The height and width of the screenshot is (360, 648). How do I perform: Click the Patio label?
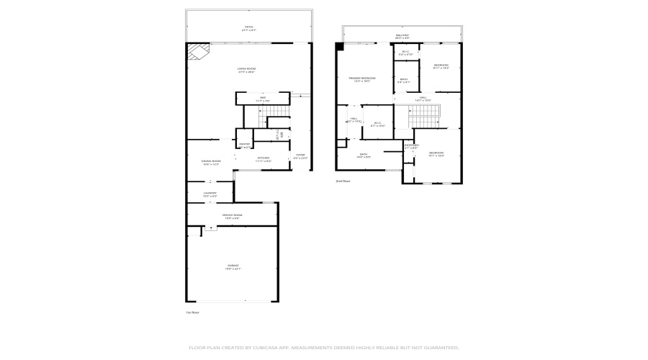pyautogui.click(x=249, y=28)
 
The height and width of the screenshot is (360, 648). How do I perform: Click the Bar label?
pyautogui.click(x=263, y=99)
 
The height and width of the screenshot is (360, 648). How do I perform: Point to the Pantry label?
pyautogui.click(x=245, y=145)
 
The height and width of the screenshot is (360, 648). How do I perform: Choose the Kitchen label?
pyautogui.click(x=264, y=158)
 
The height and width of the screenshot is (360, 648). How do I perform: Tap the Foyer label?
pyautogui.click(x=300, y=156)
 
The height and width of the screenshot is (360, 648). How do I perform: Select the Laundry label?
pyautogui.click(x=209, y=194)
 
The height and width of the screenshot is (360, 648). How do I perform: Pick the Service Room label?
pyautogui.click(x=232, y=216)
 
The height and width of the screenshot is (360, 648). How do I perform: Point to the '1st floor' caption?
pyautogui.click(x=193, y=312)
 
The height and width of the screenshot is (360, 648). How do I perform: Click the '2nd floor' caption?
pyautogui.click(x=343, y=181)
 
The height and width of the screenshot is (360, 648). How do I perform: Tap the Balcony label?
pyautogui.click(x=402, y=35)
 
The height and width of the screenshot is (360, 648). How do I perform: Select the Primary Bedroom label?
pyautogui.click(x=362, y=78)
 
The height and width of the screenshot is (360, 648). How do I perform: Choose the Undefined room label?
pyautogui.click(x=411, y=146)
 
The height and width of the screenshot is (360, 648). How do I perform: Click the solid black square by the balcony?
pyautogui.click(x=340, y=46)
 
